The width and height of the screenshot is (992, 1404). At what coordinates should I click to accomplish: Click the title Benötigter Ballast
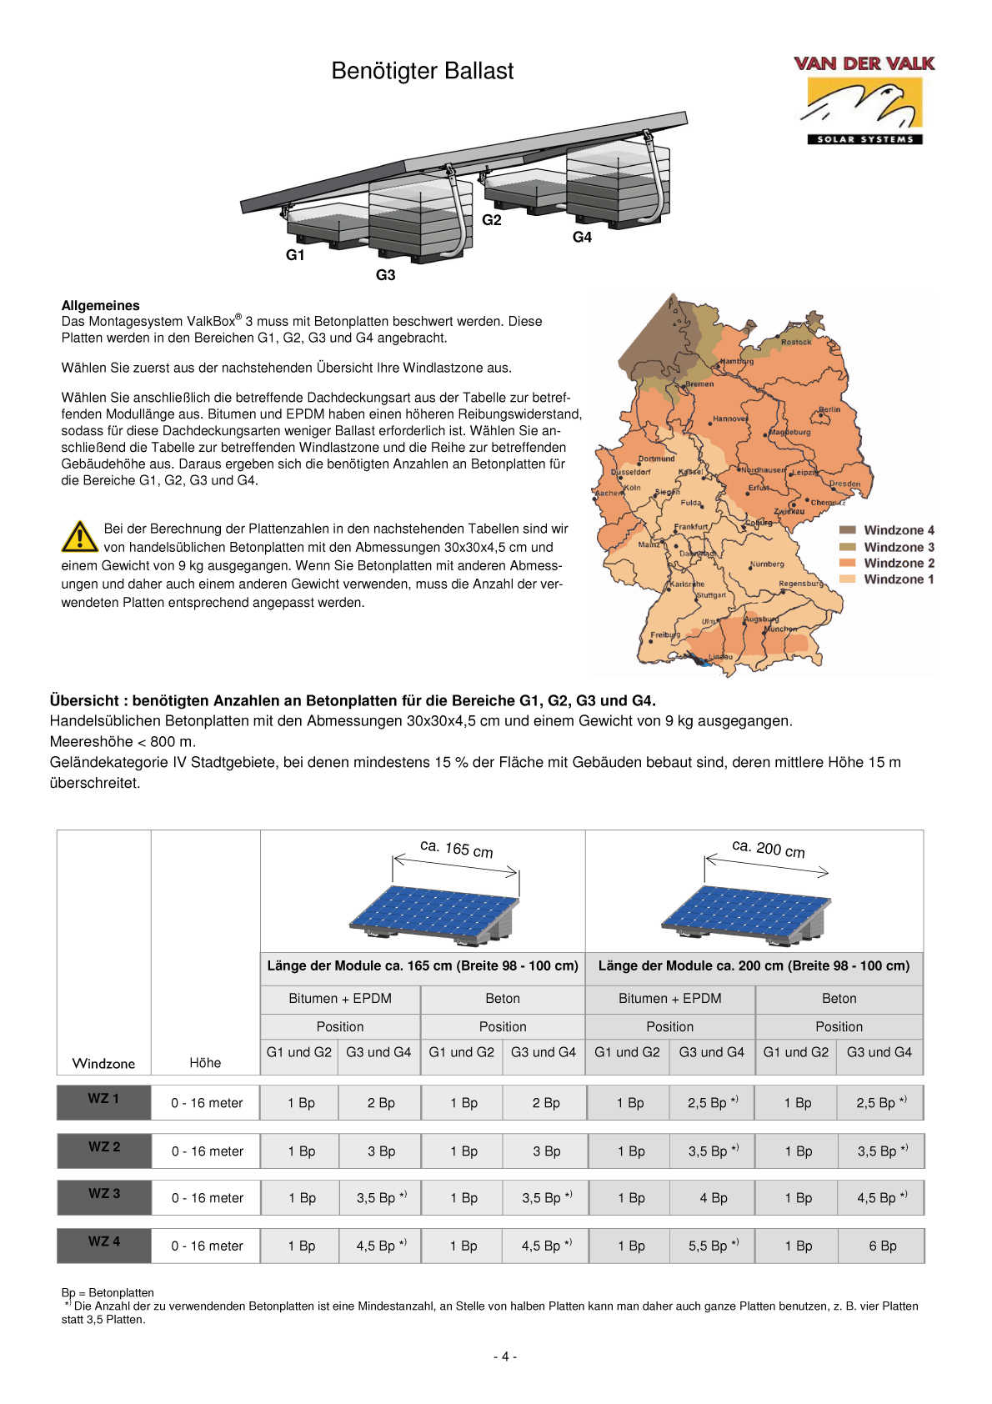[x=422, y=71]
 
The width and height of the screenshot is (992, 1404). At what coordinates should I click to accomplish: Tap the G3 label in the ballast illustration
[x=385, y=275]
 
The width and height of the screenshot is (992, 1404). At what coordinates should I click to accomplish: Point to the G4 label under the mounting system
[x=582, y=238]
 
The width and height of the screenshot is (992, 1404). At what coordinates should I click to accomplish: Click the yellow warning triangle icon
[x=79, y=537]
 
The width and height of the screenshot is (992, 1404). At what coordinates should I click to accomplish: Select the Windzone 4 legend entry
[x=898, y=530]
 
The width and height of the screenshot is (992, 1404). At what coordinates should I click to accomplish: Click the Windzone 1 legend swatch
[x=847, y=579]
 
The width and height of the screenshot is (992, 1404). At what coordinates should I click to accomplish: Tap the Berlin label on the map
[x=829, y=409]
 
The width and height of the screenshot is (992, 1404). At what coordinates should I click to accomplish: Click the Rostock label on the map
[x=796, y=342]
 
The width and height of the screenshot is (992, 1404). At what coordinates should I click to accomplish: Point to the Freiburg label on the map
[x=665, y=634]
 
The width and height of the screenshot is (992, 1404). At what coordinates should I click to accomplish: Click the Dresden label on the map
[x=844, y=484]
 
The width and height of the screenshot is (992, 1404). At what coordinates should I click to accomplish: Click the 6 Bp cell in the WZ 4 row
[x=882, y=1246]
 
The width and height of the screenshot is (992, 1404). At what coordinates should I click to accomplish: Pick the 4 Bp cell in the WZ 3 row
[x=713, y=1198]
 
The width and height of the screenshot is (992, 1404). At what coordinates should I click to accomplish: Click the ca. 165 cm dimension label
[x=456, y=849]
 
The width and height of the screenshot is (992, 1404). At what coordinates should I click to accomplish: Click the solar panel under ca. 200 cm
[x=746, y=913]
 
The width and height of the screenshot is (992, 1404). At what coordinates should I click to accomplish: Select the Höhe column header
[x=205, y=1063]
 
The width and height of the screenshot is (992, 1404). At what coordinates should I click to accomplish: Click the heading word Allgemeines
[x=101, y=305]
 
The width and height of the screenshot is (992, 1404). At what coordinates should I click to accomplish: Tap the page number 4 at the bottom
[x=504, y=1356]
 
